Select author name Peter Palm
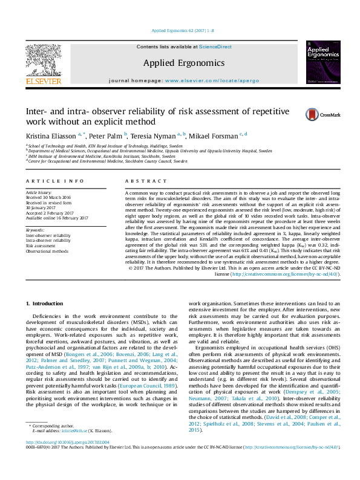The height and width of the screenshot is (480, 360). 106,136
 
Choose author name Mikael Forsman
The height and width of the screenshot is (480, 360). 213,136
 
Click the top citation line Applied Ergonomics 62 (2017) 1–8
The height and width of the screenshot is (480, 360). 180,30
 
